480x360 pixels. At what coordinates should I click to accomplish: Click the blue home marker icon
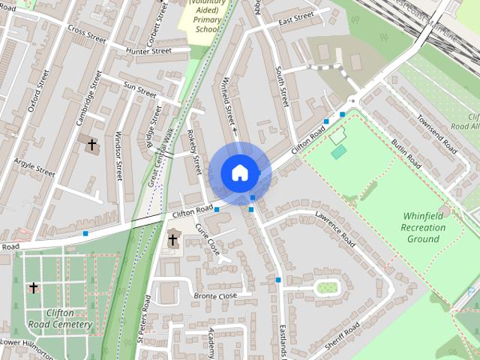[x=238, y=172]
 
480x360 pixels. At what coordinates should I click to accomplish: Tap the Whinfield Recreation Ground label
[x=422, y=226]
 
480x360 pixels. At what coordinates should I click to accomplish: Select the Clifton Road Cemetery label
[x=68, y=319]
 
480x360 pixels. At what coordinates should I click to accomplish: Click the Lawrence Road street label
[x=334, y=229]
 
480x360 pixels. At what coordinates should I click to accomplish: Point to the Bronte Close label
[x=215, y=295]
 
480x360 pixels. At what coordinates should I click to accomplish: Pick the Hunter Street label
[x=148, y=51]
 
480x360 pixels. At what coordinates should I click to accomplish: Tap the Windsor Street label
[x=118, y=155]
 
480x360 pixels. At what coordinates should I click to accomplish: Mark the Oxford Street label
[x=37, y=91]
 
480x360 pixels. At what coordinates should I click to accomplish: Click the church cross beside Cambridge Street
[x=92, y=144]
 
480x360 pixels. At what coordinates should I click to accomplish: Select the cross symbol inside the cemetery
[x=33, y=287]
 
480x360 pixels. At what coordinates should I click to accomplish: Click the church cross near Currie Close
[x=173, y=240]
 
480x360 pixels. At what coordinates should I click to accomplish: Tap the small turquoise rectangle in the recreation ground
[x=339, y=152]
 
